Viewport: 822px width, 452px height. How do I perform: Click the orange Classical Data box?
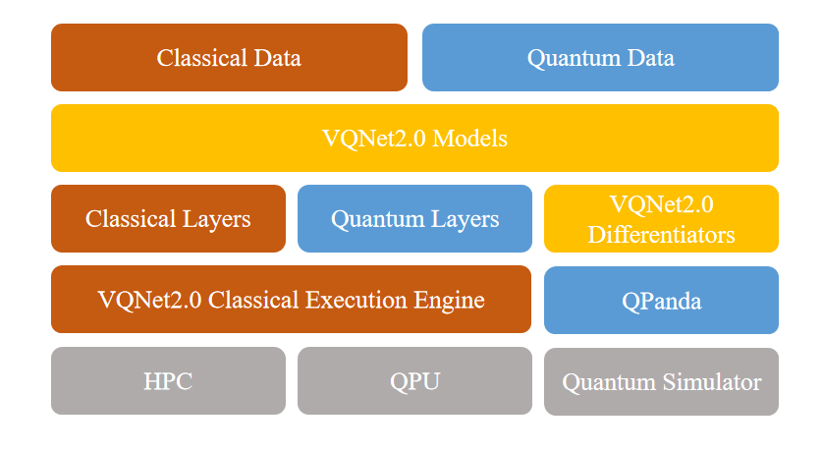[x=229, y=57]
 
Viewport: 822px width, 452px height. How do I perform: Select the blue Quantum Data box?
[x=600, y=57]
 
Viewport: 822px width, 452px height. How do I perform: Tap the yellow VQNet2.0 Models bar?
[x=414, y=138]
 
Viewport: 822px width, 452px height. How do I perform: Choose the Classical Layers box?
[x=168, y=218]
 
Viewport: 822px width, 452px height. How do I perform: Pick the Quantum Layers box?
[x=414, y=218]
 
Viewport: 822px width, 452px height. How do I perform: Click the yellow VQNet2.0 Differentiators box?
[x=661, y=218]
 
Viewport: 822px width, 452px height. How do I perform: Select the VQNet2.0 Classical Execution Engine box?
[x=291, y=300]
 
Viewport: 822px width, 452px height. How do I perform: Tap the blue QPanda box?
[x=661, y=300]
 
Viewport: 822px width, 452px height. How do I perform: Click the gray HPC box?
[x=168, y=381]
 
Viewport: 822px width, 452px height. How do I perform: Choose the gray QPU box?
[x=414, y=381]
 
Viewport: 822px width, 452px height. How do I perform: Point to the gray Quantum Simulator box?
[x=661, y=381]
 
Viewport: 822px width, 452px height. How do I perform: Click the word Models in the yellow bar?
[x=469, y=139]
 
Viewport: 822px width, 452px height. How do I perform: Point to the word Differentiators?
[x=661, y=235]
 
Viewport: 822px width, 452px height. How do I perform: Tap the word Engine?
[x=452, y=300]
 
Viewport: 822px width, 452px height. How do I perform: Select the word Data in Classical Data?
[x=276, y=58]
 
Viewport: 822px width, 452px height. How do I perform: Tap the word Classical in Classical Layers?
[x=129, y=219]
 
